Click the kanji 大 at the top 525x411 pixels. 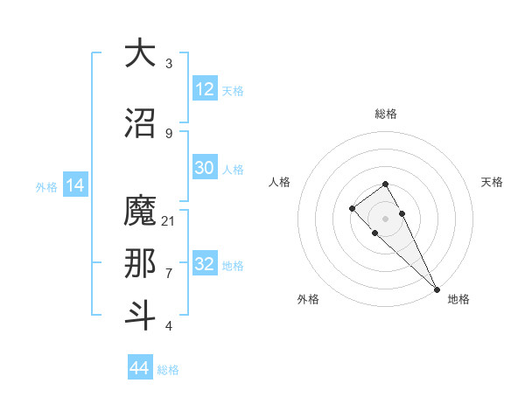coord(140,53)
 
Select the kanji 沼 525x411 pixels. coord(140,122)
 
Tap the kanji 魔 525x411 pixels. coord(140,212)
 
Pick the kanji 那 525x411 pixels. coord(140,263)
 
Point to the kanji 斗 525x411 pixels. coord(140,315)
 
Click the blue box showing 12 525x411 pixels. coord(205,89)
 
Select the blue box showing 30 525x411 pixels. coord(205,168)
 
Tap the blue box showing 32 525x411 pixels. coord(205,264)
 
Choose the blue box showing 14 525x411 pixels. coord(75,185)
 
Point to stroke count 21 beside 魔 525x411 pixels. coord(169,220)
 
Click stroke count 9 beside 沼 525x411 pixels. coord(169,133)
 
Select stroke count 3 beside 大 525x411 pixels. coord(169,63)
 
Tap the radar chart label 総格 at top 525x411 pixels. coord(386,114)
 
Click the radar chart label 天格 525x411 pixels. coord(492,182)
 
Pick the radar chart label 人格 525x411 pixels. coord(279,182)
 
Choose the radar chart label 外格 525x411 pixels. coord(308,299)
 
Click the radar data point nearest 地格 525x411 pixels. coord(436,289)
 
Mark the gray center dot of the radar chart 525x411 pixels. coord(385,219)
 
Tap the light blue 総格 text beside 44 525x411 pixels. coord(168,369)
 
